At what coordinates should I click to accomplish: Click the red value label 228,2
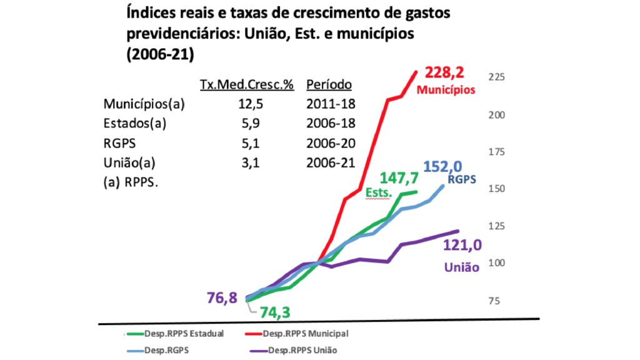[449, 73]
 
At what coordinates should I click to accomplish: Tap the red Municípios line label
[446, 89]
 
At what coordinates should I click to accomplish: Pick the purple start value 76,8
[222, 297]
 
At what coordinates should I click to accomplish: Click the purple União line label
[461, 267]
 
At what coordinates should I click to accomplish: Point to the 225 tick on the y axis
[496, 77]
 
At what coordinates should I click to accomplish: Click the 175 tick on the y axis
[496, 152]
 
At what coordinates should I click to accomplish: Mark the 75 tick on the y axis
[494, 301]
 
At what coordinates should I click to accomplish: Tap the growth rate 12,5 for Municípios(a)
[246, 104]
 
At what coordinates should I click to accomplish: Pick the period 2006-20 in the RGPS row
[331, 143]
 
